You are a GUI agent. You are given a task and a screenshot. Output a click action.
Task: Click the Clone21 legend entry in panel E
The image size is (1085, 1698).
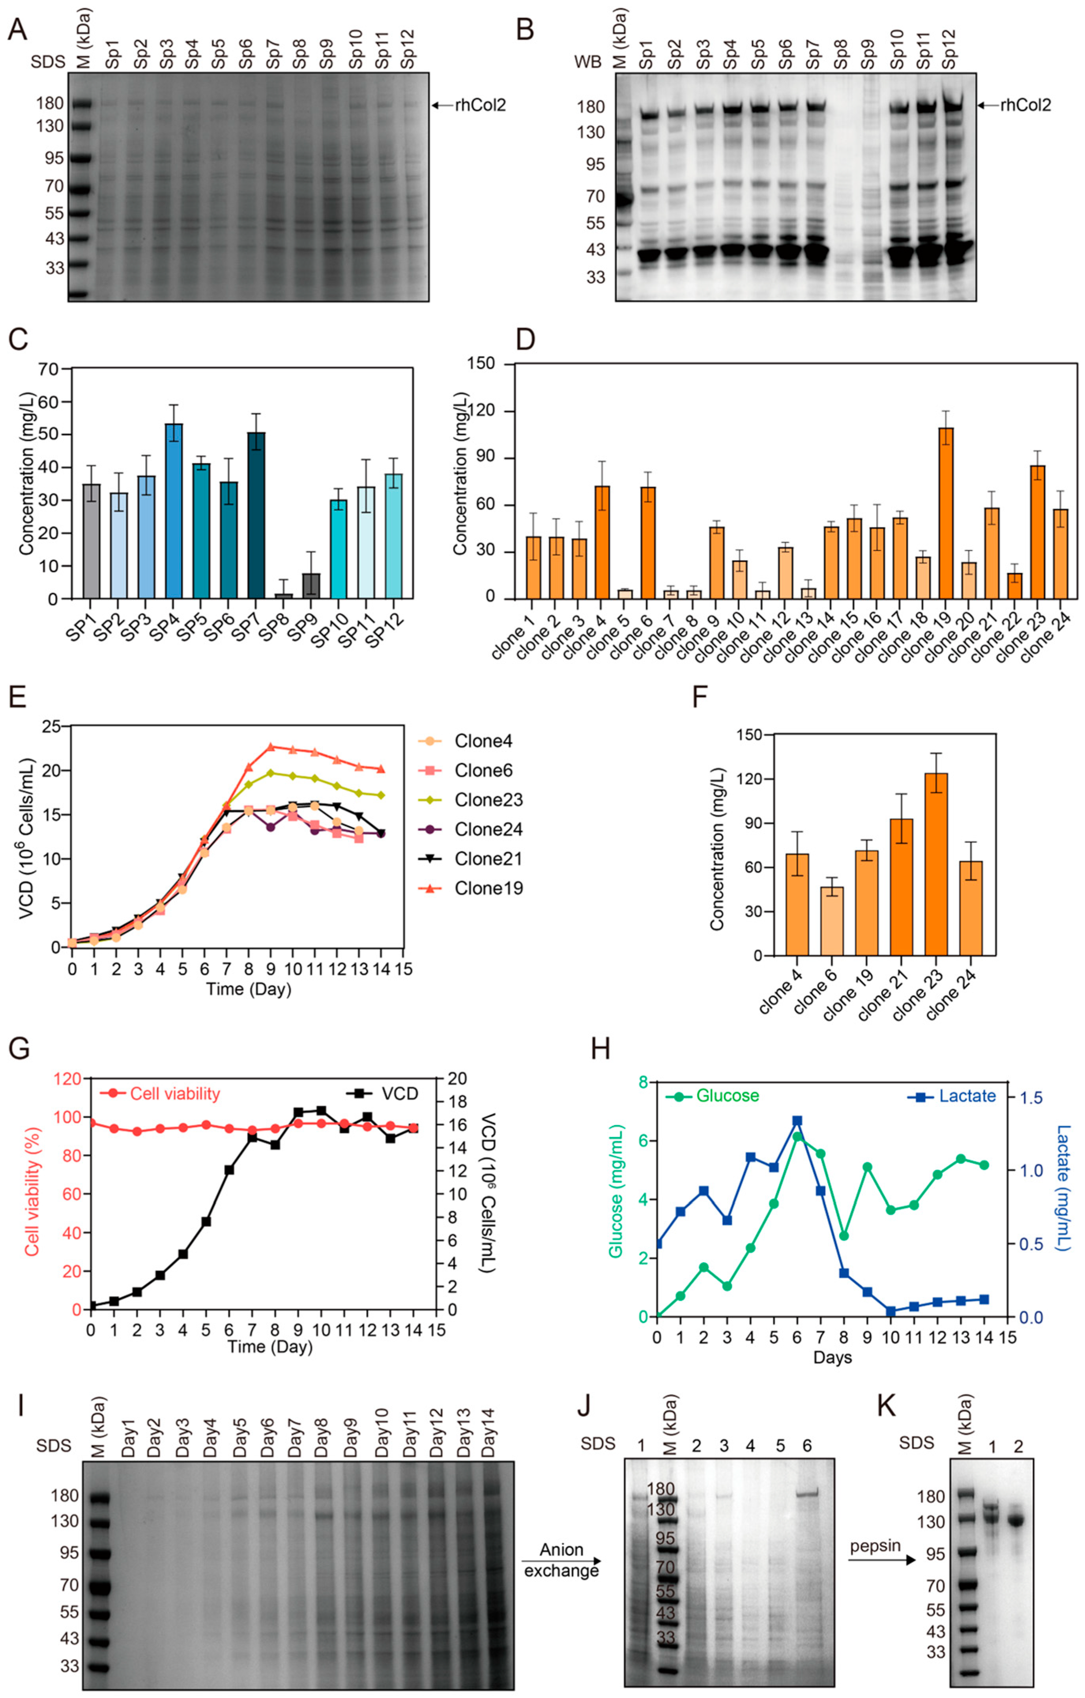(488, 859)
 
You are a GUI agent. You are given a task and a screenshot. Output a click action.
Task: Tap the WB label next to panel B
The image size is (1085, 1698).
(587, 62)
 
